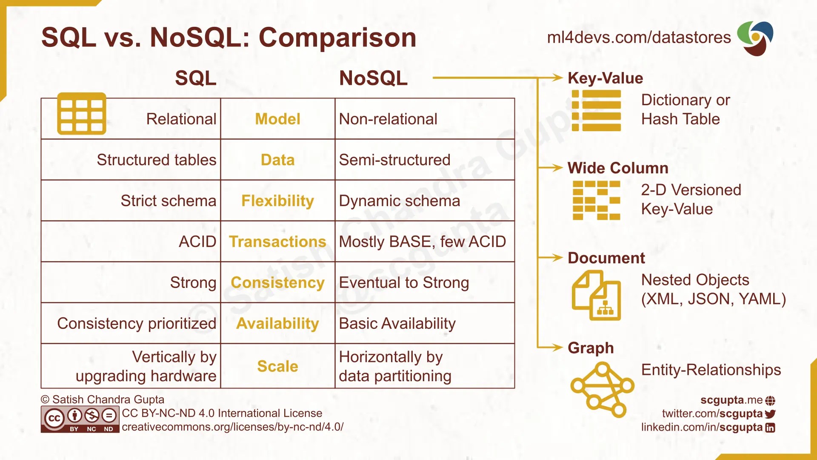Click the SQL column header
[196, 78]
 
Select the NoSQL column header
[373, 78]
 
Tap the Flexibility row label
[277, 201]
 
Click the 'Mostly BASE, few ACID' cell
[422, 241]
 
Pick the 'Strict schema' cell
[168, 201]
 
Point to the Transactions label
[277, 241]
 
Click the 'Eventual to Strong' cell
[404, 282]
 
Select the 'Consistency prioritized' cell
[137, 323]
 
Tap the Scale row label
[277, 366]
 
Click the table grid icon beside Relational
[82, 113]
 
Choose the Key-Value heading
[605, 78]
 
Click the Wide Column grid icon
[596, 200]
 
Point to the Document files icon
[596, 295]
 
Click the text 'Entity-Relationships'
[711, 370]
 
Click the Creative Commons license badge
[80, 419]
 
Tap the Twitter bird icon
[770, 414]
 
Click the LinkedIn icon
[770, 428]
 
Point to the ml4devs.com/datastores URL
[639, 37]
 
